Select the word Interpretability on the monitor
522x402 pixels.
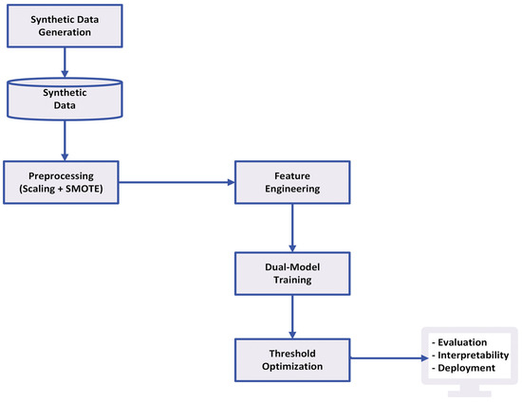click(471, 355)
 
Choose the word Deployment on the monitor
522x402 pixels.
click(464, 366)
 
